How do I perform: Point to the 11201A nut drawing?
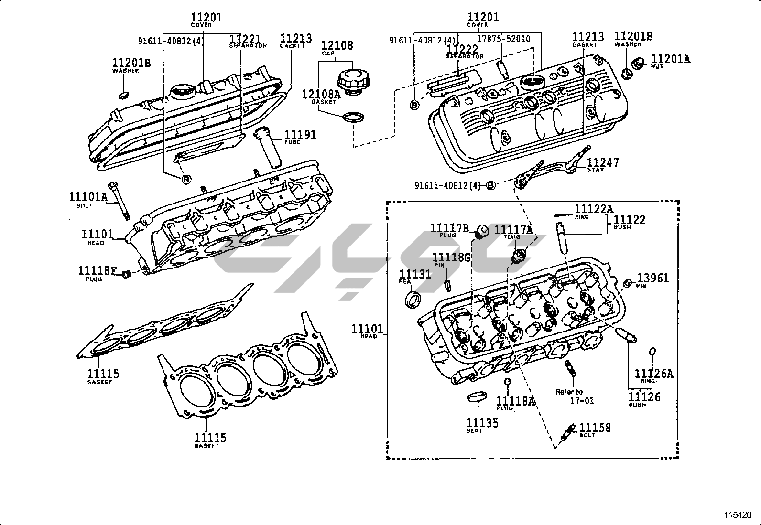coord(638,63)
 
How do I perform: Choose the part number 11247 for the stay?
coord(603,162)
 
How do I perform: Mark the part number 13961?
coord(653,278)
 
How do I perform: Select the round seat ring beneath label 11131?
coord(413,300)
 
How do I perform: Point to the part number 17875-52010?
coord(504,39)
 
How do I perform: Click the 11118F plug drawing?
coord(127,274)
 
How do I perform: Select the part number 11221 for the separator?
coord(245,39)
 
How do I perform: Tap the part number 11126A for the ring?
coord(653,373)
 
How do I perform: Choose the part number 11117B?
coord(450,228)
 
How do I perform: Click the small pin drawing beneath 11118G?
coord(448,285)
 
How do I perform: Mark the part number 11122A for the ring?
coord(594,209)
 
